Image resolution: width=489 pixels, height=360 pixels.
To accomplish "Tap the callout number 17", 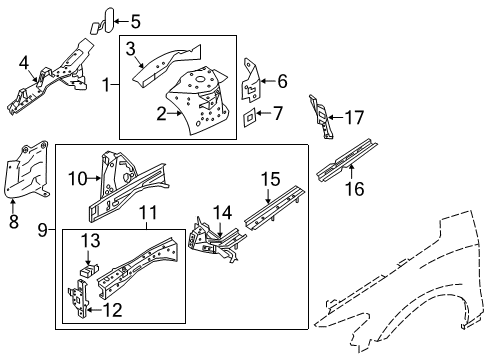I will (354, 116).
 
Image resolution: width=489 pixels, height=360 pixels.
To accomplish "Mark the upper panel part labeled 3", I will (165, 59).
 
